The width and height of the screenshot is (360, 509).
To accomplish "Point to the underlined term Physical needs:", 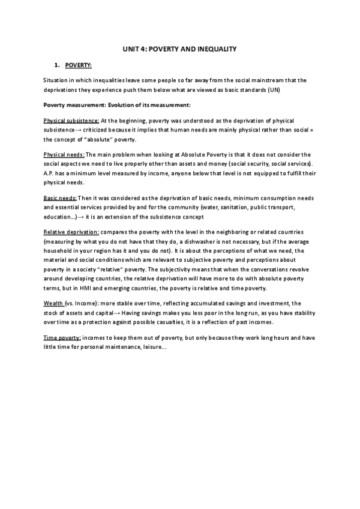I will [64, 154].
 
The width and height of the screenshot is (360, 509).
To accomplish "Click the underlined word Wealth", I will [54, 304].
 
